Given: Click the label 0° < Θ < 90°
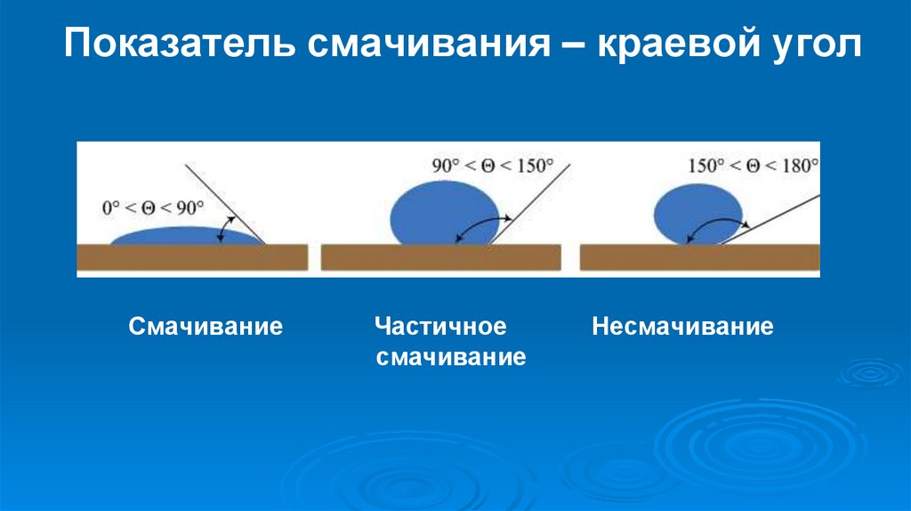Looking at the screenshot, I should click(152, 207).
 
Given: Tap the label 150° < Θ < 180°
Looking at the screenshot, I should click(753, 166).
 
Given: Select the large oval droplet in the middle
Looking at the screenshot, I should click(441, 213).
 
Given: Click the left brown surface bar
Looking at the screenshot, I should click(192, 257).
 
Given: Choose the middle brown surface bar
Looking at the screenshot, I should click(440, 257).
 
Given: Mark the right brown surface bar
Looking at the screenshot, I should click(699, 257).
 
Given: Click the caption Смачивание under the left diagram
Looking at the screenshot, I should click(206, 327).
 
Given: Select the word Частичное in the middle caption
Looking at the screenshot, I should click(440, 327).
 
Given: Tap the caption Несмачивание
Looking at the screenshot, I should click(683, 327).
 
